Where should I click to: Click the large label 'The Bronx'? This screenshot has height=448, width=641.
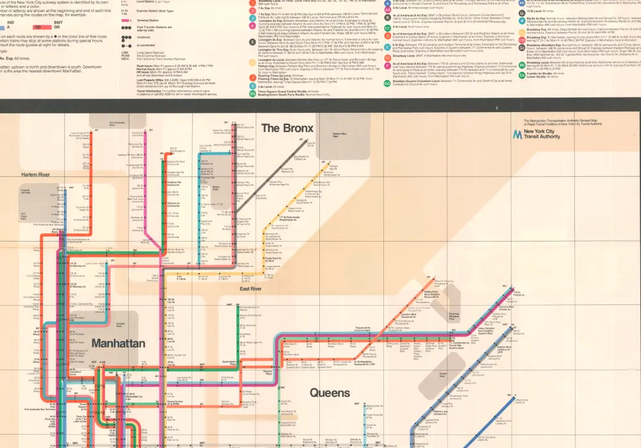point(288,128)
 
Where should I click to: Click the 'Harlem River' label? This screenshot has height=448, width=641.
point(35,175)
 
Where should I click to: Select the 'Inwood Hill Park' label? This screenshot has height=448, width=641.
point(26,191)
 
